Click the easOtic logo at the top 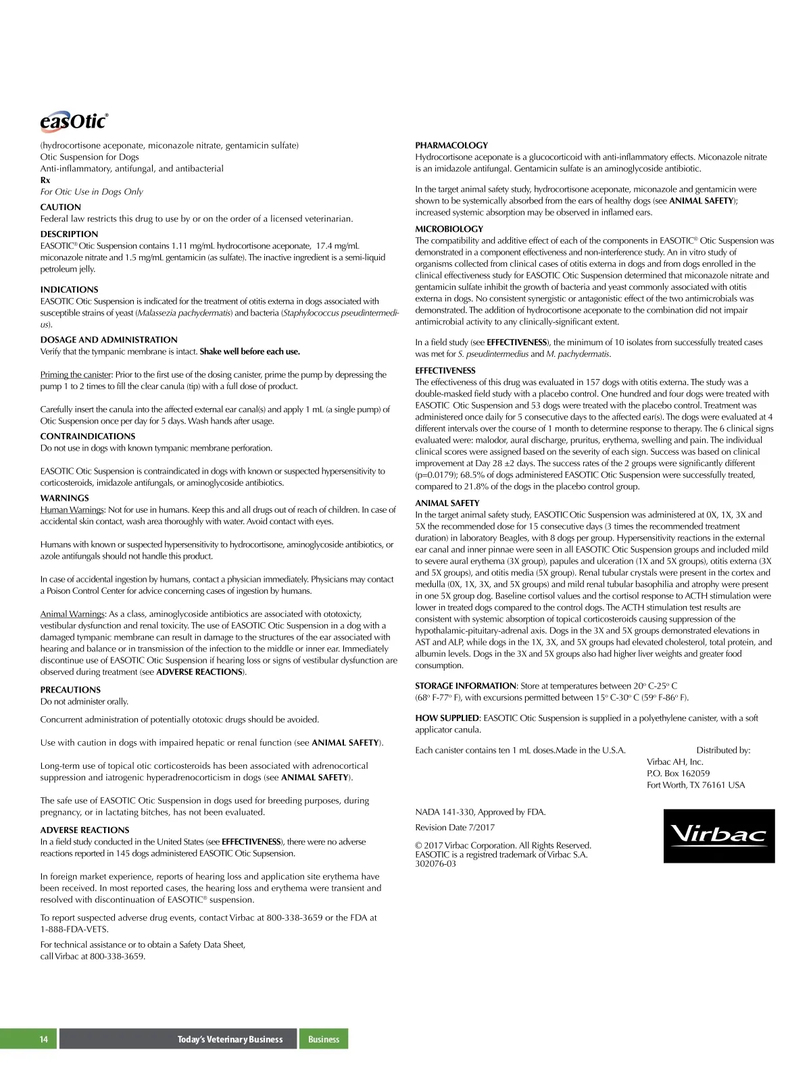(74, 122)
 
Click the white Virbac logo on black (719, 836)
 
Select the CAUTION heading (60, 207)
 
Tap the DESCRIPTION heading (69, 234)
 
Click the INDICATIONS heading (69, 289)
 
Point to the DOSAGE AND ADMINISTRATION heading (109, 340)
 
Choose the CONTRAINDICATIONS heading (88, 436)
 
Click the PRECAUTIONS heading (70, 690)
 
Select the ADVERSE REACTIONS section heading (84, 830)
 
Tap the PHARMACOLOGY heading (451, 145)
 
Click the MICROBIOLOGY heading (449, 229)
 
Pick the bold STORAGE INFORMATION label (466, 686)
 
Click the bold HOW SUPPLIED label (447, 718)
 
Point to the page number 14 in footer (44, 1039)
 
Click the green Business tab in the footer (323, 1039)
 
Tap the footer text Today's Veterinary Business (230, 1039)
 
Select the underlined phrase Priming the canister (76, 375)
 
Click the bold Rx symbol (45, 180)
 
